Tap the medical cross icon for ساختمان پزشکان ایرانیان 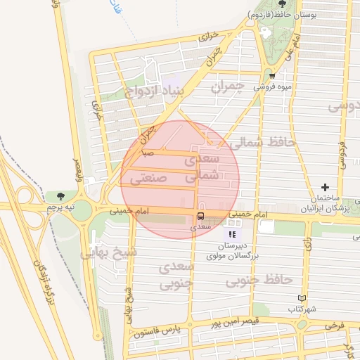(325, 187)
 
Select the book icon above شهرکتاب (302, 298)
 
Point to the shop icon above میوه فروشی (272, 76)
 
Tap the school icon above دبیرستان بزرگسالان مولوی (232, 233)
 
